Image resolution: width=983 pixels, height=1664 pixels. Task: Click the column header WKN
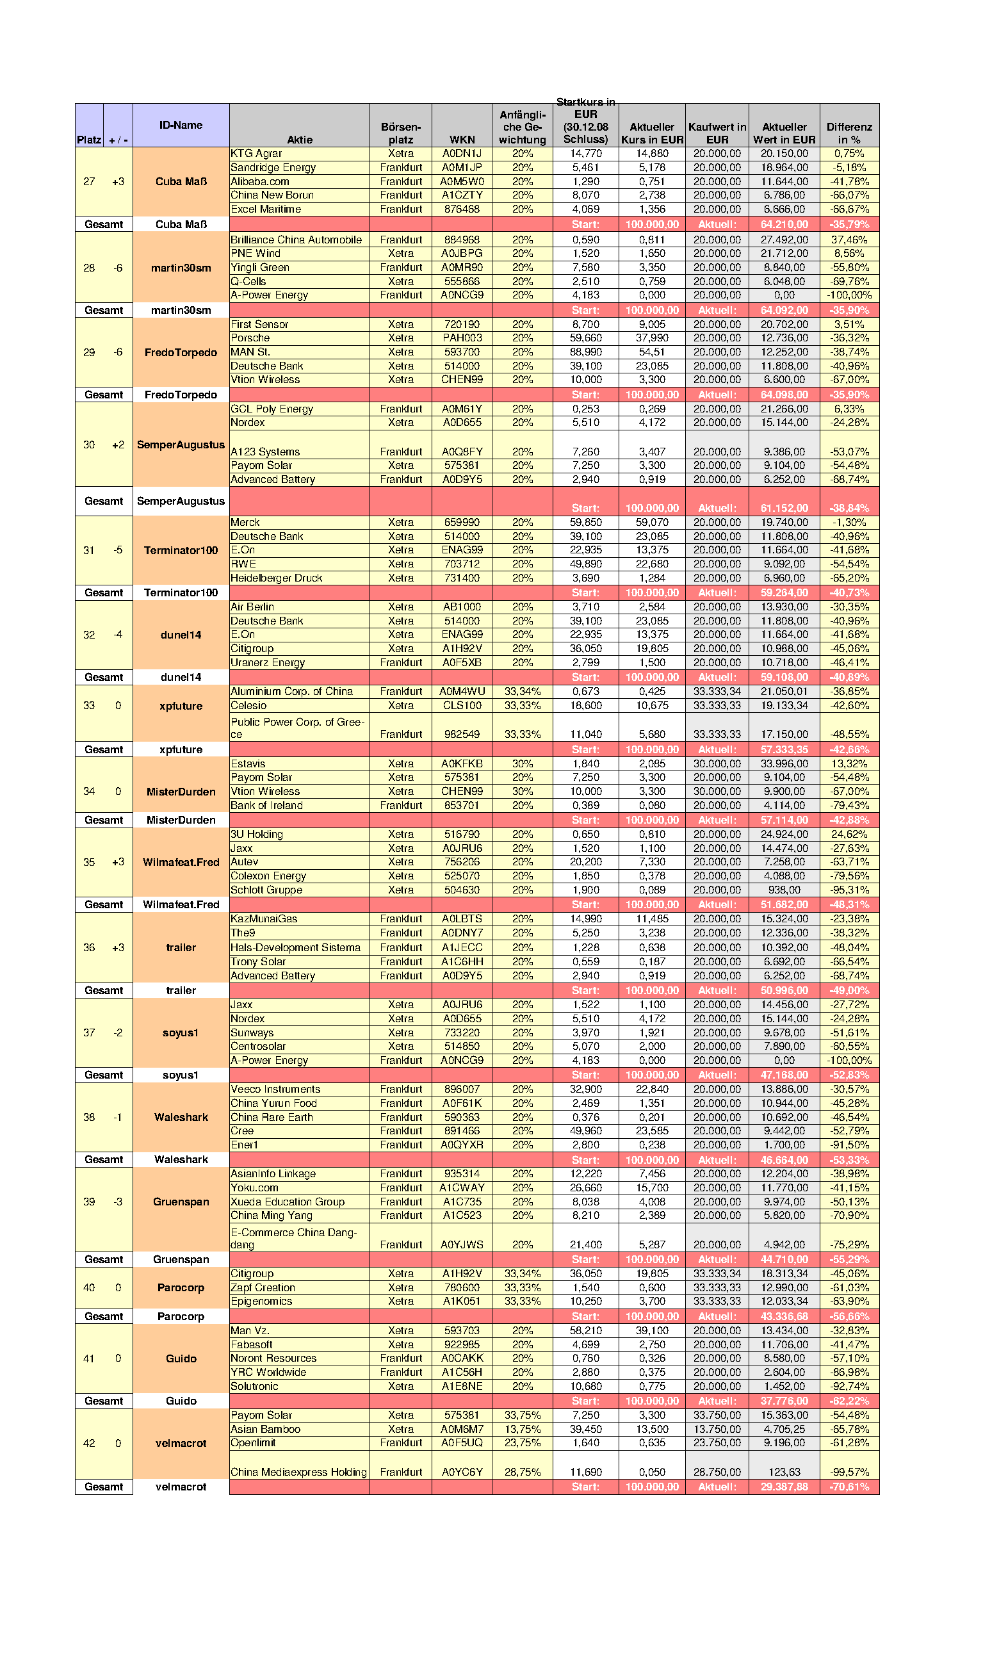[462, 139]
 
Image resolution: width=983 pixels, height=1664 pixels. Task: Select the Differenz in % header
[849, 133]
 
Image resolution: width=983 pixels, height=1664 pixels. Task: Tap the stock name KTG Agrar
[256, 154]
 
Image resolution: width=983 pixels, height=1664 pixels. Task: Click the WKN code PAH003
[462, 338]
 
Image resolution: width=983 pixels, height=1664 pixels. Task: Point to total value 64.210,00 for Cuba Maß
[784, 225]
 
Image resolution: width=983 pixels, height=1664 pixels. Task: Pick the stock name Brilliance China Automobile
[296, 240]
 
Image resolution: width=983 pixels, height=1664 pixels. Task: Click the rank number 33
[89, 705]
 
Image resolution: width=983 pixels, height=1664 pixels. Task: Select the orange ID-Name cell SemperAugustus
[181, 445]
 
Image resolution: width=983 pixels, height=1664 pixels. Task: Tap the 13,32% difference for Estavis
[849, 763]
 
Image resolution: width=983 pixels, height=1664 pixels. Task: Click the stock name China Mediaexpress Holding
[298, 1472]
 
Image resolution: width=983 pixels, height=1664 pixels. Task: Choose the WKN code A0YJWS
[462, 1244]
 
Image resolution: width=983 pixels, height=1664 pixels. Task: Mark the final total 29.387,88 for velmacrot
[784, 1487]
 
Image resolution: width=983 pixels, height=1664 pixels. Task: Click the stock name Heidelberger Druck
[276, 578]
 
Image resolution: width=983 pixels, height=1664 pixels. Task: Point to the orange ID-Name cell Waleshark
[181, 1117]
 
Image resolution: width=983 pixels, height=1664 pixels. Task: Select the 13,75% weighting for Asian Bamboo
[522, 1430]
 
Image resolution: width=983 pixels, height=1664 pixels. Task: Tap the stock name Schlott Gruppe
[266, 890]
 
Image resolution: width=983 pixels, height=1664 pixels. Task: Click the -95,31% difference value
[849, 890]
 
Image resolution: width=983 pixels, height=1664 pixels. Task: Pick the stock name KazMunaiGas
[264, 918]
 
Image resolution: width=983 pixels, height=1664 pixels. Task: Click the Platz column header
[89, 139]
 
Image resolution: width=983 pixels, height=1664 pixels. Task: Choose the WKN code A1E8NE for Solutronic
[462, 1387]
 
